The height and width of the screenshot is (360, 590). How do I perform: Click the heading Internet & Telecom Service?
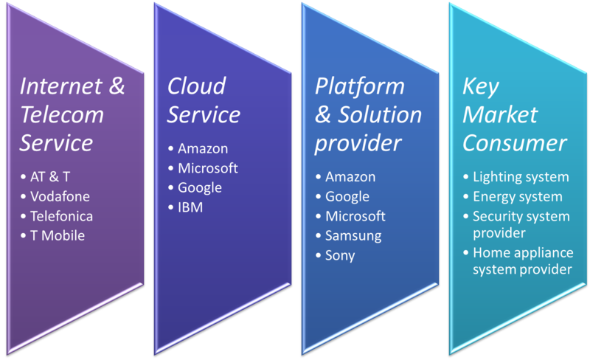[72, 114]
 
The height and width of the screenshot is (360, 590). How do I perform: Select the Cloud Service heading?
[203, 100]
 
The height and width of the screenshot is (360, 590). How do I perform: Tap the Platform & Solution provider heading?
[368, 114]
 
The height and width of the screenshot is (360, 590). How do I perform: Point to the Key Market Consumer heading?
[514, 114]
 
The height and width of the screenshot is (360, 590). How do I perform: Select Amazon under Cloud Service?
[203, 148]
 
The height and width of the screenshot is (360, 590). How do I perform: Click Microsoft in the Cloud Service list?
[208, 168]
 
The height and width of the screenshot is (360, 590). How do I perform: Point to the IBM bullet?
[190, 208]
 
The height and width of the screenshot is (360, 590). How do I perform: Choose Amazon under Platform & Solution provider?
[350, 177]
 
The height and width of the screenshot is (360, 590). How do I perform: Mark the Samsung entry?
[353, 236]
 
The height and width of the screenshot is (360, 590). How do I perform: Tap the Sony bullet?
[340, 256]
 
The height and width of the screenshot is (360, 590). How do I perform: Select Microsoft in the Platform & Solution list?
[355, 217]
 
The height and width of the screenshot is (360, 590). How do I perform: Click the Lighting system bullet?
[521, 177]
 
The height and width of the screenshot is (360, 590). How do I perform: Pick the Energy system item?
[518, 197]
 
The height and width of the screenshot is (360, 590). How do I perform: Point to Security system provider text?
[521, 224]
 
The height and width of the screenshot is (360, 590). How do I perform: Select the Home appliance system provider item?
[522, 261]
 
